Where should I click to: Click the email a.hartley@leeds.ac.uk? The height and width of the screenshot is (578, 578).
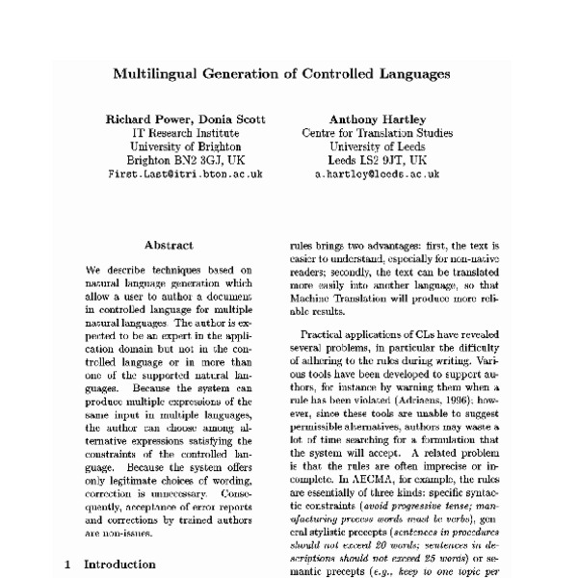tap(377, 175)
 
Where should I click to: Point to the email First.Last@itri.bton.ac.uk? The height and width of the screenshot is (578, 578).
tap(185, 175)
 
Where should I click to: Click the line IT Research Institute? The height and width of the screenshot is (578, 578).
tap(185, 133)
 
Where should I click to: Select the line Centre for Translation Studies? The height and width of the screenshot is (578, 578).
tap(377, 133)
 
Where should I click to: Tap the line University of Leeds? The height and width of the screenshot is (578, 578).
tap(377, 146)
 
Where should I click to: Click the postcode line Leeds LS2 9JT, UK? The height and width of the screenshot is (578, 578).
tap(377, 161)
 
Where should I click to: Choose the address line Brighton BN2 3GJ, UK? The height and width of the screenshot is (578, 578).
tap(185, 161)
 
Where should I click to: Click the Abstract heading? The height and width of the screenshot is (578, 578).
tap(169, 246)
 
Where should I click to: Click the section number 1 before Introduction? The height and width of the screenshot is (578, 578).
tap(67, 565)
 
